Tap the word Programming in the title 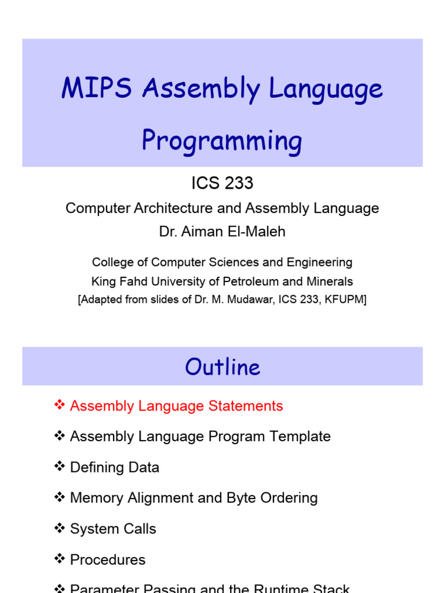(x=222, y=141)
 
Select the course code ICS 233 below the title (x=222, y=184)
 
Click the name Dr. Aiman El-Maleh (x=222, y=232)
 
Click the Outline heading (x=222, y=367)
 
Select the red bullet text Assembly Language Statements (x=176, y=406)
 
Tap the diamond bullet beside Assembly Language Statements (x=59, y=405)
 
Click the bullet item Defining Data (x=114, y=467)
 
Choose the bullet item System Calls (x=113, y=529)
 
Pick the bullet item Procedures (x=108, y=560)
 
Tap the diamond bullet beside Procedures (x=59, y=559)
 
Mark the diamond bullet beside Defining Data (x=59, y=467)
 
